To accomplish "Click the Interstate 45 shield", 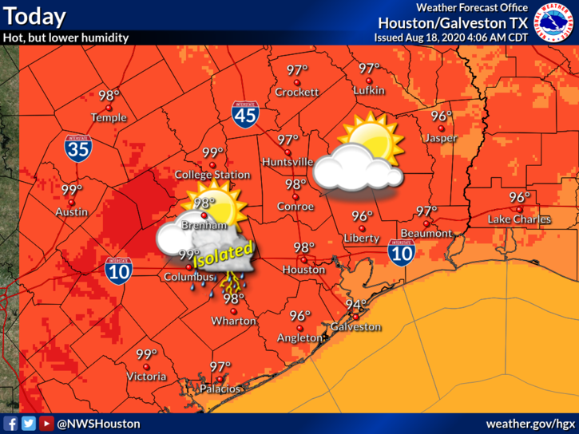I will pos(244,114).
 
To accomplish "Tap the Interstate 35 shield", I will pos(78,147).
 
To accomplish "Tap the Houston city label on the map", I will pos(303,270).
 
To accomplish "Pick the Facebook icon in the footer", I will pos(10,424).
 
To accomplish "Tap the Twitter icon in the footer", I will pos(29,424).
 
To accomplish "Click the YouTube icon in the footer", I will pos(46,424).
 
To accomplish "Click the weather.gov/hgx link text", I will pos(530,424).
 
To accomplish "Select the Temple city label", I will pos(109,117).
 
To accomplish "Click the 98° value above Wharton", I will pos(233,299).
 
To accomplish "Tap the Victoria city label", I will pos(146,377).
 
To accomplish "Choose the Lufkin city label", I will pos(369,91).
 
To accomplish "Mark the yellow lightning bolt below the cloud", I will pos(232,279).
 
